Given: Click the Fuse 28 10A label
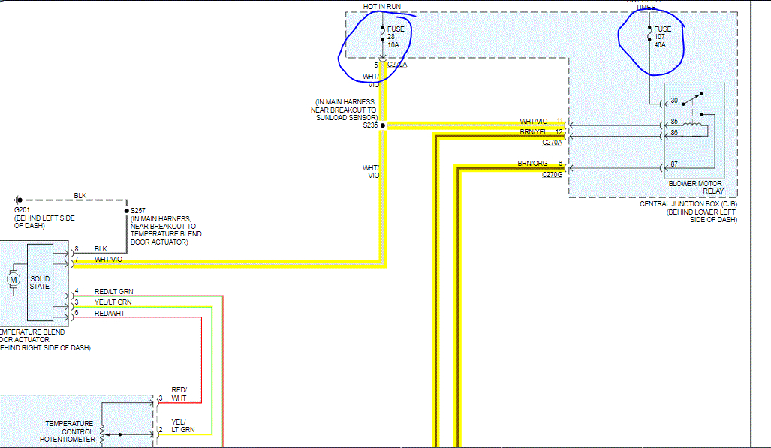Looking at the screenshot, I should (x=396, y=37).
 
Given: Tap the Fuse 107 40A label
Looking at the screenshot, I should (x=663, y=37).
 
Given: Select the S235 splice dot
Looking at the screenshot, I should (x=382, y=125).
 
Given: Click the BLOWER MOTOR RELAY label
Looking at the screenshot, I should (x=694, y=187).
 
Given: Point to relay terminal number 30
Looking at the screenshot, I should (x=673, y=101).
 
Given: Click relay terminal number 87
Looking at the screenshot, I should (x=673, y=165).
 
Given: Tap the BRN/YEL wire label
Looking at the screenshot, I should (x=534, y=131).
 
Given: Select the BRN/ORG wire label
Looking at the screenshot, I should (x=532, y=164).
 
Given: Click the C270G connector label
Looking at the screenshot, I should (x=552, y=175).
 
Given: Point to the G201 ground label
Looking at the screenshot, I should (x=21, y=209).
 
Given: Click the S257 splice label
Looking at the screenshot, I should (x=137, y=211).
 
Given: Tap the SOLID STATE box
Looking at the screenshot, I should (x=40, y=282).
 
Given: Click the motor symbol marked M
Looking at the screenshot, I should (x=13, y=281).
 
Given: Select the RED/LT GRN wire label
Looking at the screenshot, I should (x=114, y=291).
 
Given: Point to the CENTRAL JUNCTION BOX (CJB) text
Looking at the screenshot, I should (x=688, y=203).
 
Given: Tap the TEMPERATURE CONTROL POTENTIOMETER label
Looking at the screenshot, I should (x=70, y=431).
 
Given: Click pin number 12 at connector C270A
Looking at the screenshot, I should (x=559, y=132).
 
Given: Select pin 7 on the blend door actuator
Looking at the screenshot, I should (x=76, y=260).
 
